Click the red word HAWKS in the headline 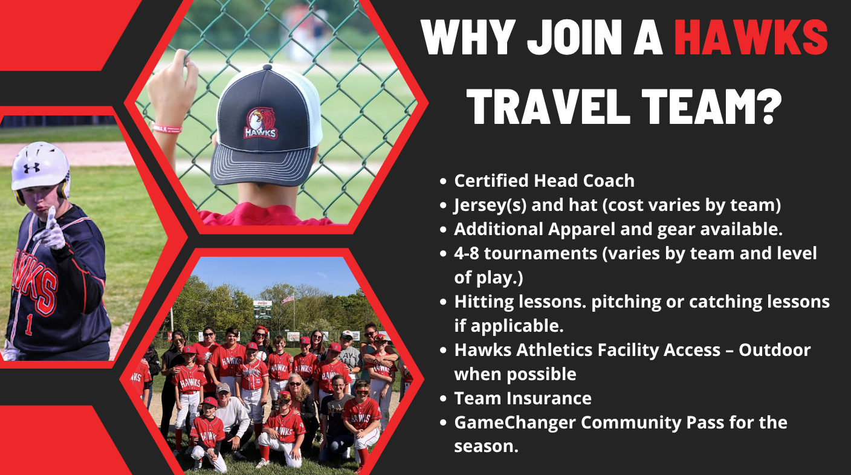751,37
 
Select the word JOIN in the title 574,37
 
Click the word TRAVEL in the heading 548,107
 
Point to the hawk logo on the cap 260,123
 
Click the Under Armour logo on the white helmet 31,167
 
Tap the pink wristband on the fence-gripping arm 167,129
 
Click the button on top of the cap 268,67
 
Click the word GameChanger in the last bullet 515,422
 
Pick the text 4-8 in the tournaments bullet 467,253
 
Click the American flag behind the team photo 288,299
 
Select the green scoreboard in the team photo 262,309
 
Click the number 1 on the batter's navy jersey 29,325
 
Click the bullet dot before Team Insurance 442,399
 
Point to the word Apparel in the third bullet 581,230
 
